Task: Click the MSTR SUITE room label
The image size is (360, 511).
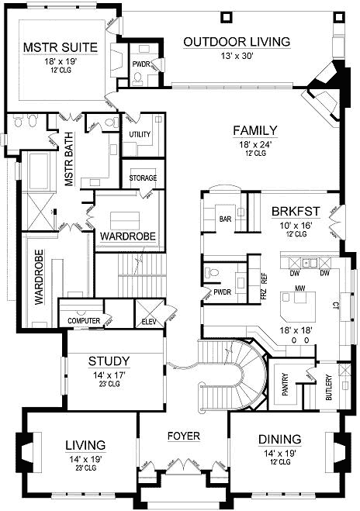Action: coord(60,47)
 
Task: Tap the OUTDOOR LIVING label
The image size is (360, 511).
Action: coord(237,41)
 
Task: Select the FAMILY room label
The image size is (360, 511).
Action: coord(255,129)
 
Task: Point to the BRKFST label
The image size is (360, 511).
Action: coord(292,211)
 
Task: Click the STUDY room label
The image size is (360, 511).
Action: coord(109,361)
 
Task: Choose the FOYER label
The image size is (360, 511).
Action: coord(184,436)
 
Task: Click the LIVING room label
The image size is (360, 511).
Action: coord(85,445)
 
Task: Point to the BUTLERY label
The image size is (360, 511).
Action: coord(328,387)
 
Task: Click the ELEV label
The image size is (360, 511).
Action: coord(149,320)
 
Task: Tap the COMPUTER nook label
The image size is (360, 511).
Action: coord(84,320)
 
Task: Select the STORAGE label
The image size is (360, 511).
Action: coord(144,178)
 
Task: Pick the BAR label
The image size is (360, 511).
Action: coord(227,219)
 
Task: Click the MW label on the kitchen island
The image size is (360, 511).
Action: coord(298,288)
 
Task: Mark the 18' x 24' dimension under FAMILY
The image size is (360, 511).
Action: coord(255,143)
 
